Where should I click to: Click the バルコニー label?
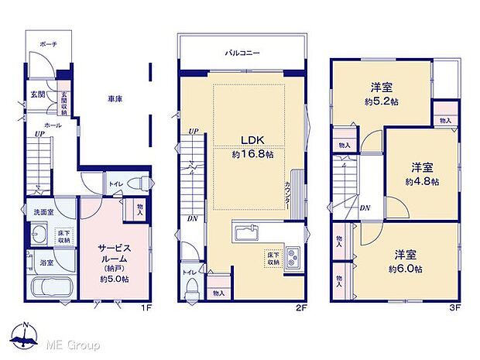point(242,53)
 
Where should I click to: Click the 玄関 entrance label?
point(37,94)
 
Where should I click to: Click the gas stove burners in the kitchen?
point(293,258)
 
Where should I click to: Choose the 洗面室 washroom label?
point(43,212)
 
